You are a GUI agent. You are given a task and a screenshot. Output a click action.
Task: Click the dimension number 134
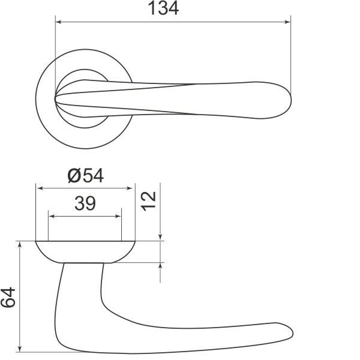(163, 8)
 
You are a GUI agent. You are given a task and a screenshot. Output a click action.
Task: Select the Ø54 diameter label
(86, 176)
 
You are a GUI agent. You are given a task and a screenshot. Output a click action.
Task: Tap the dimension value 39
(85, 203)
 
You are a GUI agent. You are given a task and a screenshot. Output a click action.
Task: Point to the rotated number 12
(149, 201)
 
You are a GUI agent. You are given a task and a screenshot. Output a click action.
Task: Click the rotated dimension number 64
(8, 297)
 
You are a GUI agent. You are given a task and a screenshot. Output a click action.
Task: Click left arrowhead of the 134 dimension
(59, 22)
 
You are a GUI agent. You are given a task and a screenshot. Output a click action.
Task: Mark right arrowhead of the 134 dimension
(287, 22)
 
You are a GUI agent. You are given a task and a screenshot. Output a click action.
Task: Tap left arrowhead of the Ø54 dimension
(41, 188)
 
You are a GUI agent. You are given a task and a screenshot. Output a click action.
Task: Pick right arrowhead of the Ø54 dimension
(130, 188)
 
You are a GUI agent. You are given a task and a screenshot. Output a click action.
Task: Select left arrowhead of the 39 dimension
(52, 216)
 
